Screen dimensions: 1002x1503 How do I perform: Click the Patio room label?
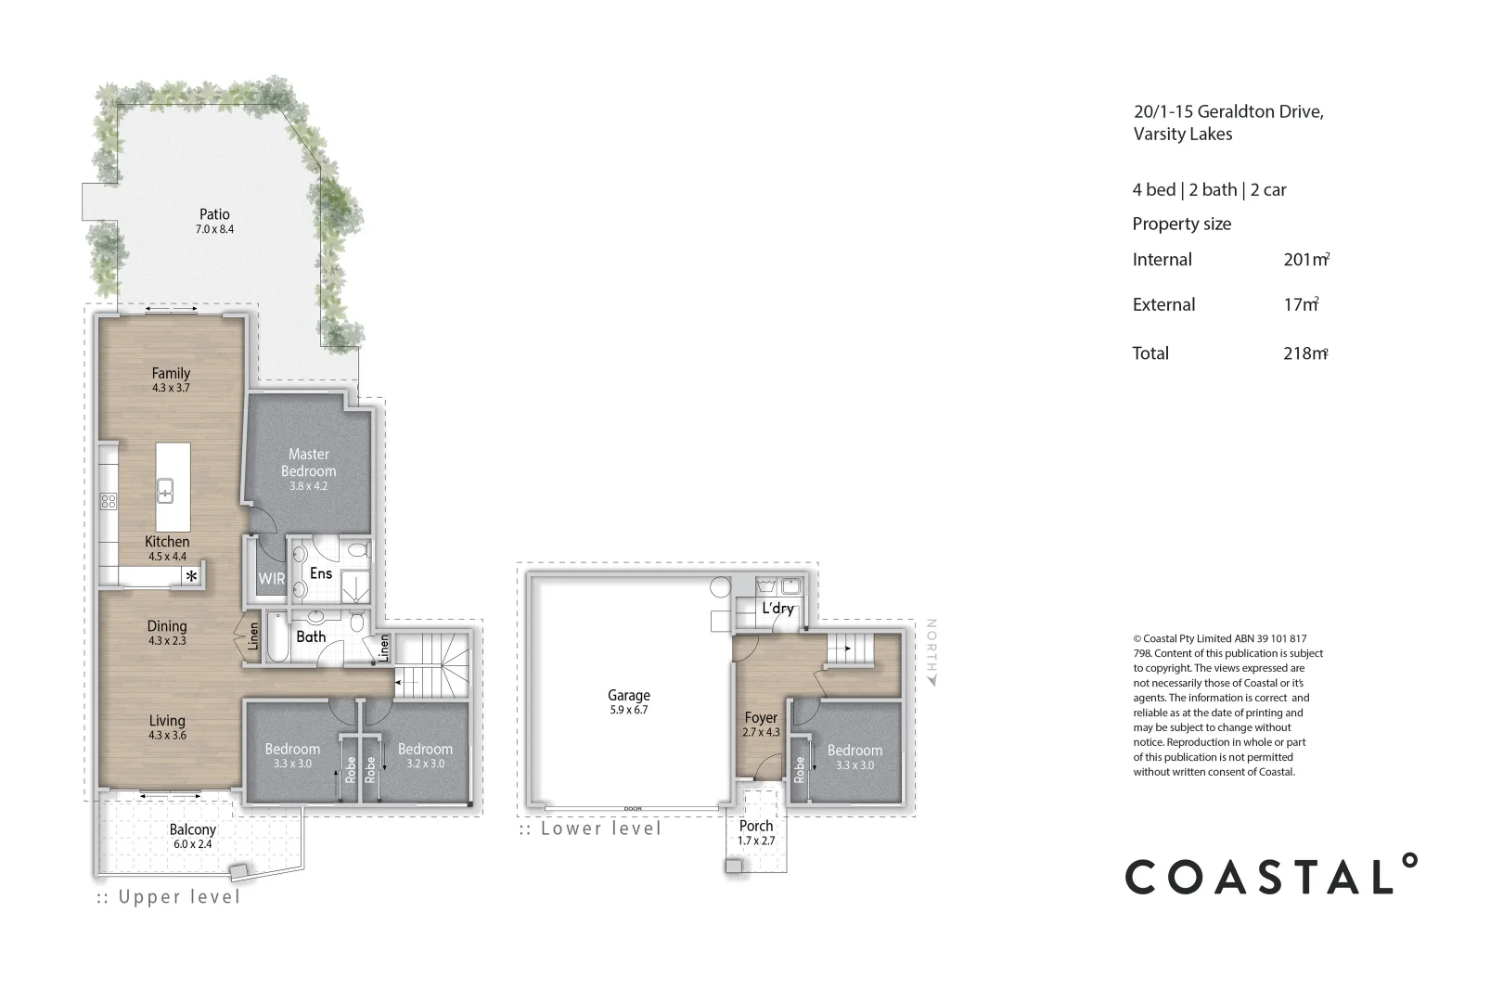(214, 214)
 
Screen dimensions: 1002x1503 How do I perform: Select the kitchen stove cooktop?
(109, 502)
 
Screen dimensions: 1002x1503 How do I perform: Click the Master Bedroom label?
(309, 462)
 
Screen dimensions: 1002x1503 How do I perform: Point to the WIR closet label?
(272, 578)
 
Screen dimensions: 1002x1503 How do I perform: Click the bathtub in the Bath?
(277, 636)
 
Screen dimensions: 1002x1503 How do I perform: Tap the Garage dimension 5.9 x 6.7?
(629, 711)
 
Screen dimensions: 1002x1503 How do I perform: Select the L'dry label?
(777, 609)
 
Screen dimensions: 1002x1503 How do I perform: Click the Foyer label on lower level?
(761, 717)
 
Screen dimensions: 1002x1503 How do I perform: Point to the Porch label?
(756, 826)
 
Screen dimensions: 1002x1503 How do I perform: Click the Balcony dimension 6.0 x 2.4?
(193, 845)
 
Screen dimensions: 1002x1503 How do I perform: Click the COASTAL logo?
(1271, 876)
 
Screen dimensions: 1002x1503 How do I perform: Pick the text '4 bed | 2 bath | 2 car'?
(1209, 190)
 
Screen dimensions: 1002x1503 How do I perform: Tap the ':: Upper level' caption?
(169, 897)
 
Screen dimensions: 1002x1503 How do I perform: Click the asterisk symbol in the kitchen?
(192, 576)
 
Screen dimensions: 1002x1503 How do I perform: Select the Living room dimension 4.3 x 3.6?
(167, 736)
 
